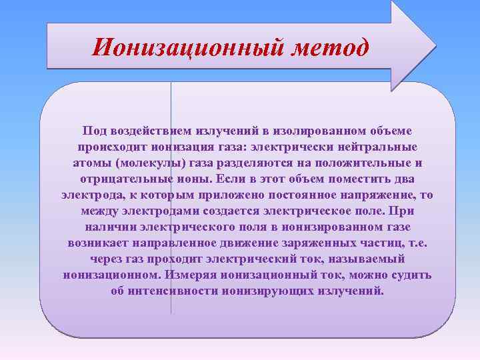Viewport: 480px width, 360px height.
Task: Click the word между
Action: point(97,211)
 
